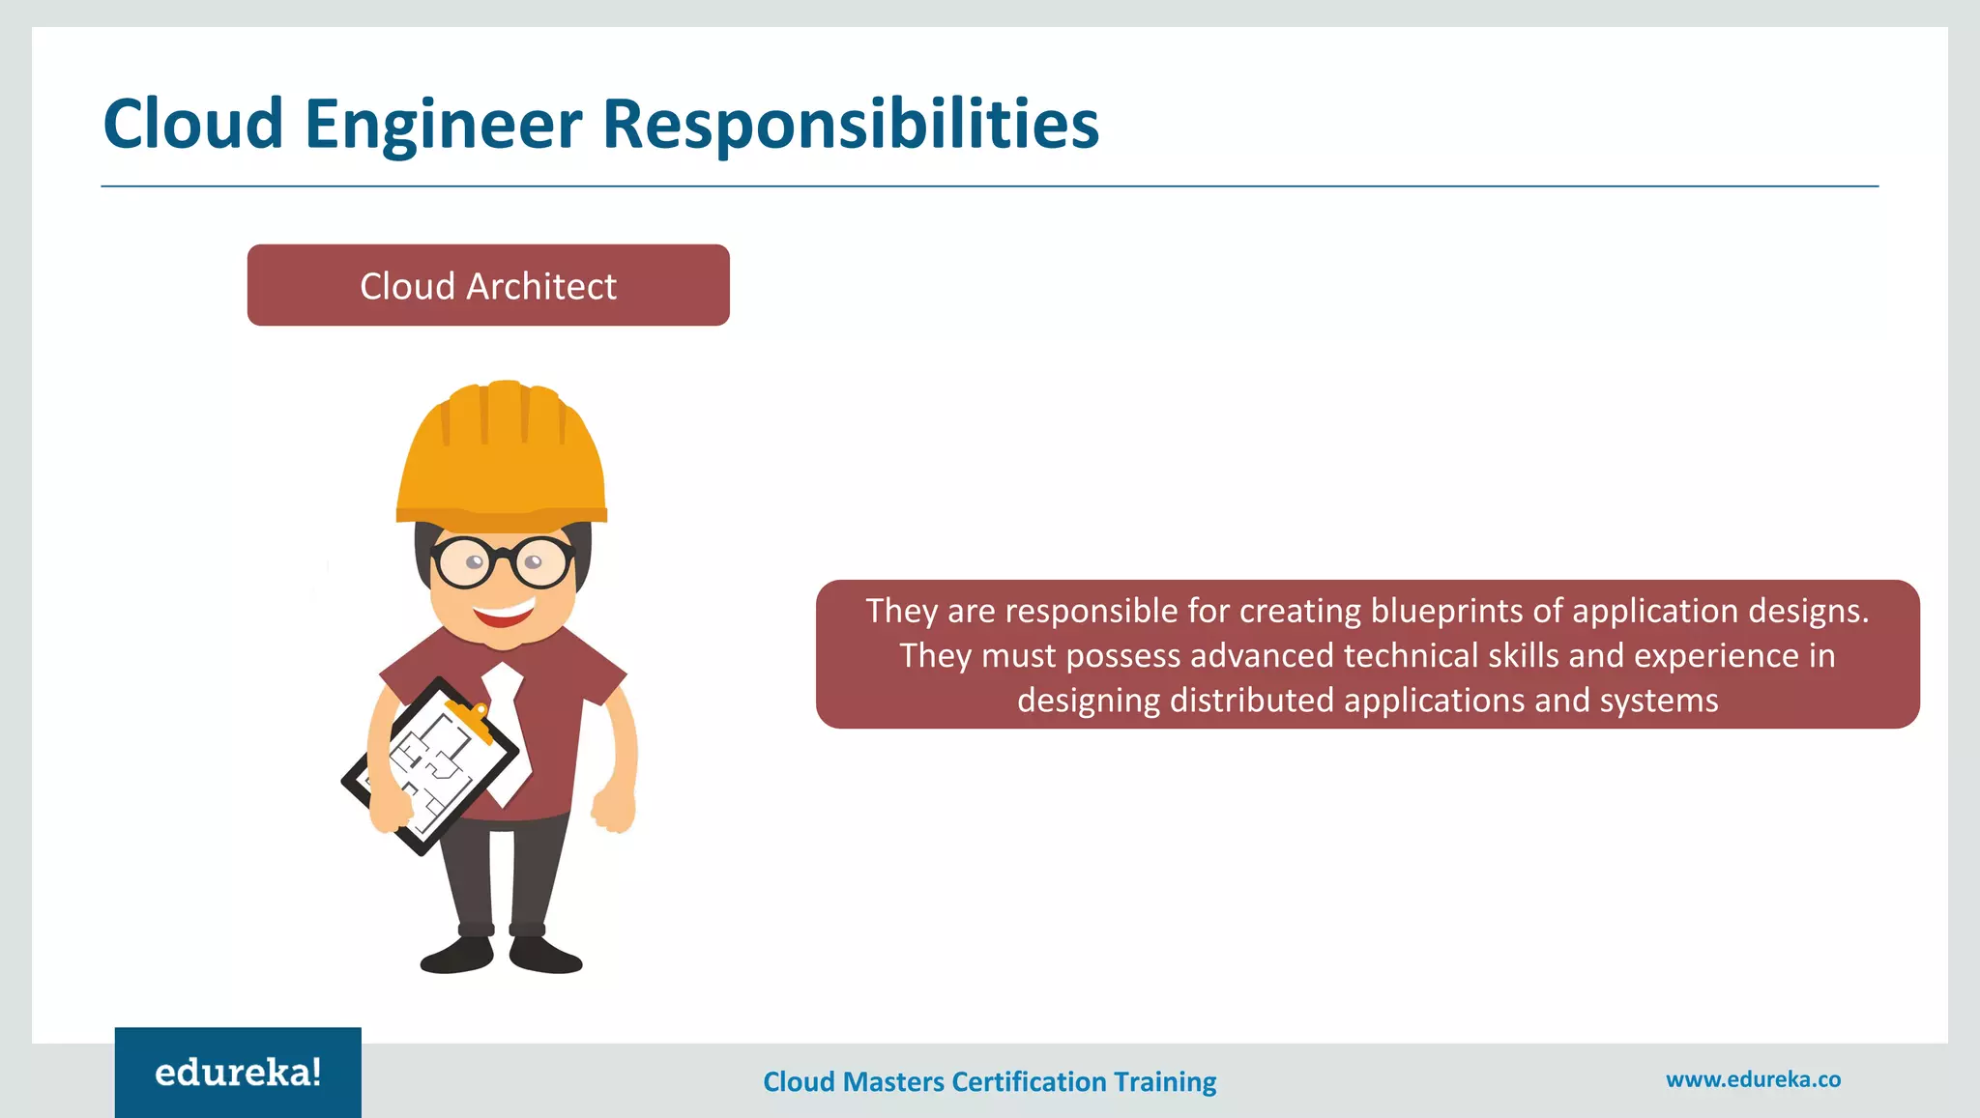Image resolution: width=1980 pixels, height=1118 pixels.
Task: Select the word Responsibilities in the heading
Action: click(x=851, y=125)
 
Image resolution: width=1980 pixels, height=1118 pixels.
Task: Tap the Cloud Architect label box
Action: click(x=488, y=285)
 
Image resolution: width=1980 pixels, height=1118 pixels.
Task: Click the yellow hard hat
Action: click(x=502, y=454)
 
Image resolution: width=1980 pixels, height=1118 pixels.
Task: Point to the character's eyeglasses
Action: click(x=502, y=561)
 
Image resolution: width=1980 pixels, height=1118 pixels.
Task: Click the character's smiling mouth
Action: click(x=505, y=612)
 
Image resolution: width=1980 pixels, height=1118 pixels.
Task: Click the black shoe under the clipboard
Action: click(x=457, y=955)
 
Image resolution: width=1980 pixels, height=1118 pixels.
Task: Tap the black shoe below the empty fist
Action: click(x=545, y=955)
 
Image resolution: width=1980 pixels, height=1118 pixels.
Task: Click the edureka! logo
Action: click(x=238, y=1073)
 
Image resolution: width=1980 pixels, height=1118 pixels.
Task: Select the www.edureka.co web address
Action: click(x=1753, y=1079)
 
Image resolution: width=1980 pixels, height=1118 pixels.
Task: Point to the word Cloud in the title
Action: click(x=193, y=125)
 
